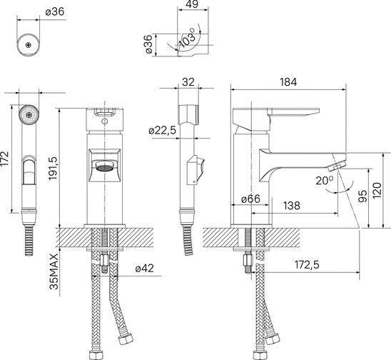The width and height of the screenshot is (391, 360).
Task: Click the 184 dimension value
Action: click(288, 82)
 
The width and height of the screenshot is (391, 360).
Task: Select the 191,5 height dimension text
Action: click(53, 169)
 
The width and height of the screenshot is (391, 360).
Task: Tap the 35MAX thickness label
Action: click(54, 271)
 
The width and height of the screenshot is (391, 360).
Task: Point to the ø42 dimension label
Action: click(145, 269)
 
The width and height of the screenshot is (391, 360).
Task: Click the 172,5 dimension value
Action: click(307, 264)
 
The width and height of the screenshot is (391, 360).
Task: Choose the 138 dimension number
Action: click(292, 206)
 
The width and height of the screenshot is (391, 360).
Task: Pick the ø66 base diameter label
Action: click(250, 199)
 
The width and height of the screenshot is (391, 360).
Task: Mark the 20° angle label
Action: click(324, 181)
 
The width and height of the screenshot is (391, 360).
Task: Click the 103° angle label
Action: click(188, 37)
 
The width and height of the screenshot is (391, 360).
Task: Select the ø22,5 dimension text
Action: click(163, 130)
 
